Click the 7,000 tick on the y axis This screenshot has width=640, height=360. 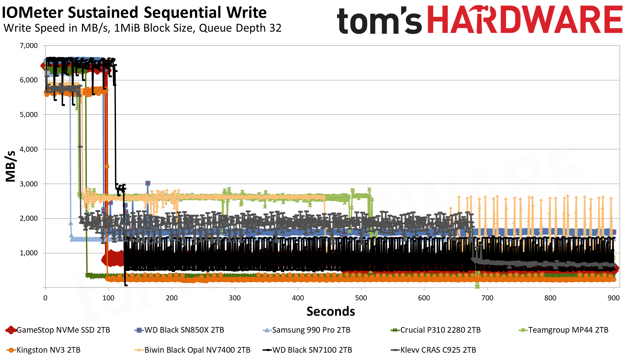(x=29, y=46)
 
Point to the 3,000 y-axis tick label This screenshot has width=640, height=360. (x=29, y=184)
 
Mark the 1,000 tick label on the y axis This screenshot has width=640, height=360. (x=29, y=253)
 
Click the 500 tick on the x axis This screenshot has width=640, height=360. (x=361, y=298)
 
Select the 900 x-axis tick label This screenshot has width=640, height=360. (x=613, y=298)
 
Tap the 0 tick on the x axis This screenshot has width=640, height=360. (x=45, y=298)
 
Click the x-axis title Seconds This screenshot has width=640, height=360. (x=331, y=311)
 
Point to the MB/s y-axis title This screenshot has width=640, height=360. (x=11, y=166)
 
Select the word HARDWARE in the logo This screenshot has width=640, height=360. (x=525, y=20)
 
